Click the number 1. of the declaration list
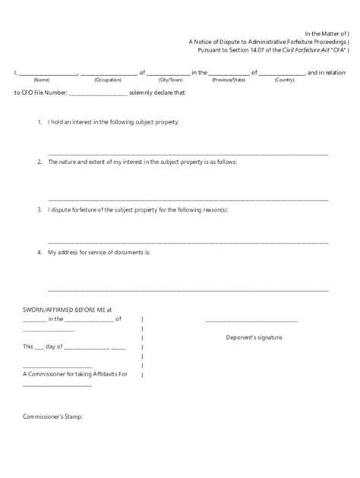(39, 122)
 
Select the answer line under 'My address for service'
(188, 290)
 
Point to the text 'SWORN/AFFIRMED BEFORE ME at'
(68, 310)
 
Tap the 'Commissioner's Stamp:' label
(52, 417)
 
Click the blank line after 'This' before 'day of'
(39, 347)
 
